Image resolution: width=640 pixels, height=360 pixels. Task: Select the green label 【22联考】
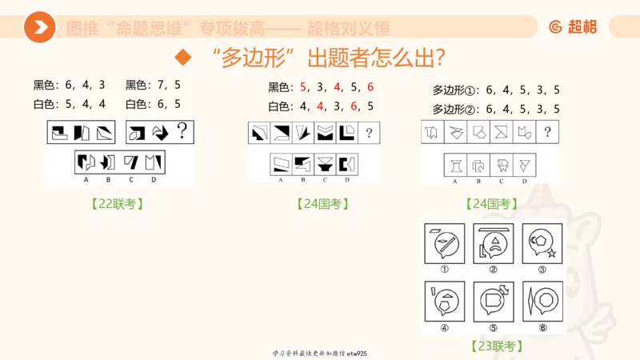coord(118,204)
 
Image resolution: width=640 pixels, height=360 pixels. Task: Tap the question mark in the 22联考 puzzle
coord(182,129)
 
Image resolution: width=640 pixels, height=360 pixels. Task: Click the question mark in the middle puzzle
coord(369,133)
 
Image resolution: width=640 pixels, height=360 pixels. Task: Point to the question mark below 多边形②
coord(547,133)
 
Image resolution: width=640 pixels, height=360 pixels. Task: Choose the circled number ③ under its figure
coord(543,269)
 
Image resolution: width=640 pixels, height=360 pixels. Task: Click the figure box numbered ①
coord(444,242)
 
